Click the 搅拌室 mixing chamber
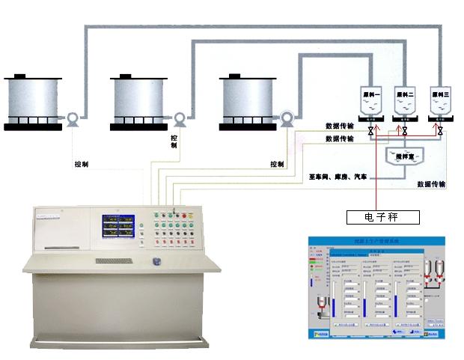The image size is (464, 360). coord(403,156)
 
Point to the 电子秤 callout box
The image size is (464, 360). coord(382,217)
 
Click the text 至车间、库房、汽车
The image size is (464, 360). coord(338,177)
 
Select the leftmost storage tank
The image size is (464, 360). coord(33,101)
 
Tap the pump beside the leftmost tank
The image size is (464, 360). coord(73,118)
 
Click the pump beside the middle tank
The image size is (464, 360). coord(180,118)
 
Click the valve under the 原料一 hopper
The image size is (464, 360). coord(371,132)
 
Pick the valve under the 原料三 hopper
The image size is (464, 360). coord(439,132)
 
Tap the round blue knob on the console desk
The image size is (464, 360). coord(157,262)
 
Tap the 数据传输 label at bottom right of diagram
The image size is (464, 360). coord(431,183)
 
